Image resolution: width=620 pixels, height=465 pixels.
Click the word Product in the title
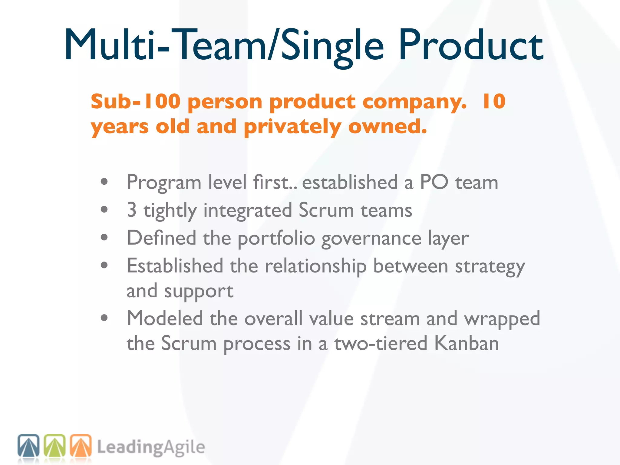(x=471, y=45)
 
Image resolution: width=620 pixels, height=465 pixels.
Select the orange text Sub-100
(x=136, y=101)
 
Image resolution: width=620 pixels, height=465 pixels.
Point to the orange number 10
(x=494, y=101)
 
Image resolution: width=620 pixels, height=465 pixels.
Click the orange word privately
(x=292, y=127)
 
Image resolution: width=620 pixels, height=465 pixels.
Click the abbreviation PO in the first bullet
(x=434, y=182)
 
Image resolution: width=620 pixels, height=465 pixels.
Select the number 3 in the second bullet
(x=132, y=210)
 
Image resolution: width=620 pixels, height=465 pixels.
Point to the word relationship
(x=315, y=266)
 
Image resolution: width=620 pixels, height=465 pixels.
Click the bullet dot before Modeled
(x=104, y=318)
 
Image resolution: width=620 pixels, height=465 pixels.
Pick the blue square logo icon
(x=28, y=446)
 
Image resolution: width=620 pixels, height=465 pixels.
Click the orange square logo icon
(x=81, y=446)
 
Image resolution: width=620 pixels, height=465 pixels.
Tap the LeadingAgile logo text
(x=151, y=447)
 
